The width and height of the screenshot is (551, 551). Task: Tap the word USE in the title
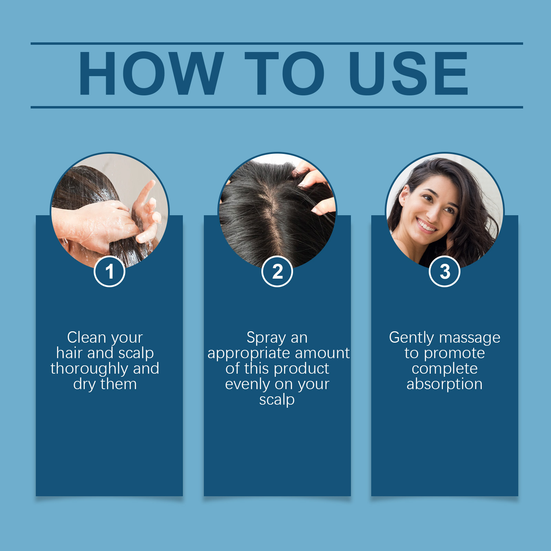point(408,73)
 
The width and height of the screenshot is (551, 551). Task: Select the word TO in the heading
point(285,73)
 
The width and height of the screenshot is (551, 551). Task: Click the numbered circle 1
point(110,271)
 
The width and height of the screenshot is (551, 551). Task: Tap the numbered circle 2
point(277,271)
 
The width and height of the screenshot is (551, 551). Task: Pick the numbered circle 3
point(445,271)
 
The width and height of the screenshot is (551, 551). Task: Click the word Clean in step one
point(86,337)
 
